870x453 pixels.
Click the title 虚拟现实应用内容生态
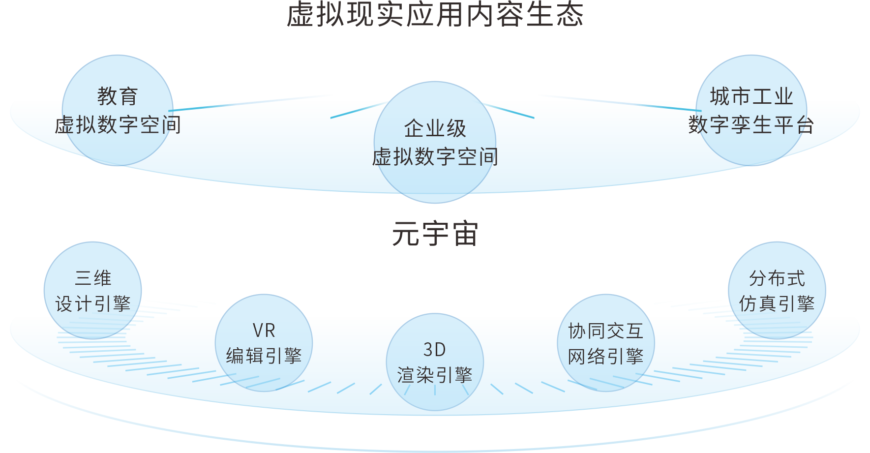pos(435,14)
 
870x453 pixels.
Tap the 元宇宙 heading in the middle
pos(435,234)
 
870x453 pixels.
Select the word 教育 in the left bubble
pos(118,96)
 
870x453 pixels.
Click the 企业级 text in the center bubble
pos(435,128)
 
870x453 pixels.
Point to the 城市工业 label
pos(751,96)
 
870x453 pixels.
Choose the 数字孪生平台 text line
pos(751,125)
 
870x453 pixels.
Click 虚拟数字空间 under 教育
pos(118,125)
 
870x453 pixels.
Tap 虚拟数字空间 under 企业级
pos(435,157)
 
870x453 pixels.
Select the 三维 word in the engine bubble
pos(93,278)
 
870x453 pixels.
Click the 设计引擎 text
pos(93,303)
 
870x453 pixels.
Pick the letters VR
pos(264,331)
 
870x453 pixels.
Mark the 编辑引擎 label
pos(264,356)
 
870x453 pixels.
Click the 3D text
pos(435,350)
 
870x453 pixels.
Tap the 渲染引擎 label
pos(435,375)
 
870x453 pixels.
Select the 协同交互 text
pos(606,331)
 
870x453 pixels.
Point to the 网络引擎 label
pos(606,356)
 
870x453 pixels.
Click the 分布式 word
pos(777,278)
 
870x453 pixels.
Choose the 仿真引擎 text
pos(777,303)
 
